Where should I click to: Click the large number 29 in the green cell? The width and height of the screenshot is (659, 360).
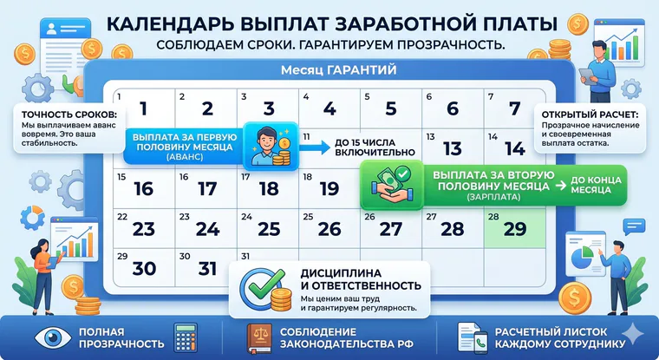pyautogui.click(x=515, y=229)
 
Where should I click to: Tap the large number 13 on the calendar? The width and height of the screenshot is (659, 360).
pyautogui.click(x=453, y=149)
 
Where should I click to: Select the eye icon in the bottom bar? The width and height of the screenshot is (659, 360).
pyautogui.click(x=53, y=337)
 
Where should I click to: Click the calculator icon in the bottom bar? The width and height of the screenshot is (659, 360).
pyautogui.click(x=186, y=337)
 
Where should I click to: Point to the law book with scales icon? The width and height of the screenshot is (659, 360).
pyautogui.click(x=259, y=337)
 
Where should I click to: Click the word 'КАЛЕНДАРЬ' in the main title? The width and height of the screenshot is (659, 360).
pyautogui.click(x=170, y=24)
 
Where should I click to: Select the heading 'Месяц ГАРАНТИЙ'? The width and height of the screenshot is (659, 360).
pyautogui.click(x=339, y=69)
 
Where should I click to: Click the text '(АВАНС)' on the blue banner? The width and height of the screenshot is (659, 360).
pyautogui.click(x=185, y=157)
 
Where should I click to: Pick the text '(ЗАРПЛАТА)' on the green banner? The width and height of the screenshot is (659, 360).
pyautogui.click(x=493, y=197)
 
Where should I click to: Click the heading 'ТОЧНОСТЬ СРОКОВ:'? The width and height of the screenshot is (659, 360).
pyautogui.click(x=69, y=115)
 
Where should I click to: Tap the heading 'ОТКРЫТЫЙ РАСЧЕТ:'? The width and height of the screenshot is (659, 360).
pyautogui.click(x=590, y=115)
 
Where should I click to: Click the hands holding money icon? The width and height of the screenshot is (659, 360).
pyautogui.click(x=392, y=184)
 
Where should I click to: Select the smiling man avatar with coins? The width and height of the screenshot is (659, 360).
pyautogui.click(x=271, y=147)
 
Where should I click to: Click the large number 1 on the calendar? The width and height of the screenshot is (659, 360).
pyautogui.click(x=144, y=108)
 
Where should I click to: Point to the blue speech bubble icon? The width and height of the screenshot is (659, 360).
pyautogui.click(x=634, y=226)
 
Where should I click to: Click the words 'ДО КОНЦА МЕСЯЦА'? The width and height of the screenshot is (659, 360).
pyautogui.click(x=596, y=185)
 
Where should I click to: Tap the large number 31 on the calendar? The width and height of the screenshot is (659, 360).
pyautogui.click(x=207, y=269)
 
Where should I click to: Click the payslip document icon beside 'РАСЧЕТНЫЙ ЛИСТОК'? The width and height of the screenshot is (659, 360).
pyautogui.click(x=473, y=337)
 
